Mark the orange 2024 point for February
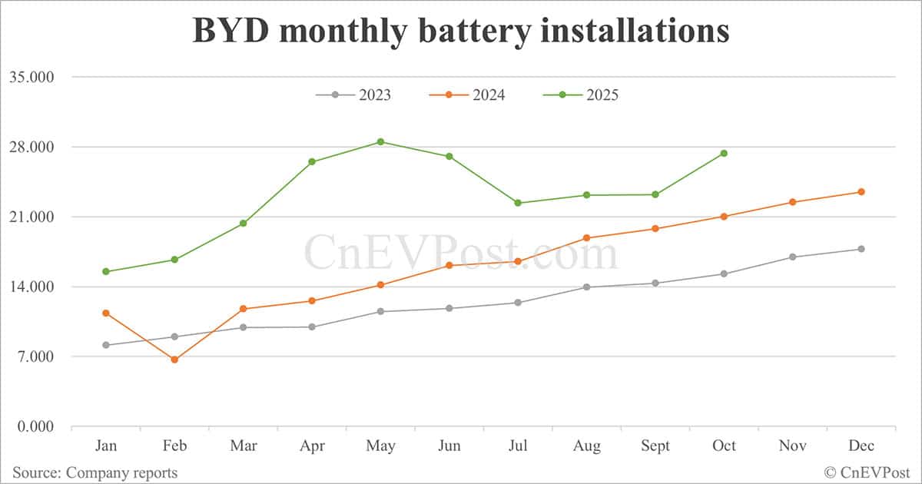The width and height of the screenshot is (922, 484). coord(174,360)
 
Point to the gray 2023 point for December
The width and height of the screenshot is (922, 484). coord(861,249)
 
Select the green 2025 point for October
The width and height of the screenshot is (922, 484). coord(724,154)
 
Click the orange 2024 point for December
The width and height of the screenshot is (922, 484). coord(861,191)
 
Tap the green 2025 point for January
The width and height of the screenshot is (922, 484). coord(106,271)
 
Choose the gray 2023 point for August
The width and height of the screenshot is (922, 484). coord(587,287)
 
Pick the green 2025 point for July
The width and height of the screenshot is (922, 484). coord(518,203)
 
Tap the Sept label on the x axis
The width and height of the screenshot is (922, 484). coord(655,446)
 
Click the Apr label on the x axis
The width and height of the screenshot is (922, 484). coord(312,446)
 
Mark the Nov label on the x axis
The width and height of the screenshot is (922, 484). coord(792,446)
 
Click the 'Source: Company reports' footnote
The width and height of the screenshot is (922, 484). coord(95,472)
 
